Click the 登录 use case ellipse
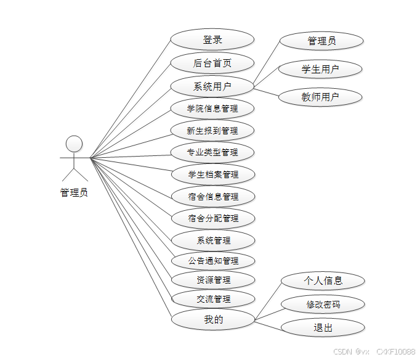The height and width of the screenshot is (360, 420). pos(212,40)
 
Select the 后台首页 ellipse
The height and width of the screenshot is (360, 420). pos(212,63)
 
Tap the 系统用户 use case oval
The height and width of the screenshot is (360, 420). pos(212,86)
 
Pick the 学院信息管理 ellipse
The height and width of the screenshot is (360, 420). pos(212,109)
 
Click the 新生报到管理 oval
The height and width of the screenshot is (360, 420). pos(212,131)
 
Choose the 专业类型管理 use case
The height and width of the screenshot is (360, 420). pos(212,152)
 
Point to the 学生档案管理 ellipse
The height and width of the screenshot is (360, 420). pos(212,174)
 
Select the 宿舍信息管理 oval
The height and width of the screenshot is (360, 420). pos(212,197)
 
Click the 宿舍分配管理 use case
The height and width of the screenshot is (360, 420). pos(212,218)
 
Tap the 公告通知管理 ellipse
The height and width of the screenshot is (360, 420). pos(212,261)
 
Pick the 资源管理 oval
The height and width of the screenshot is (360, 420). pos(212,280)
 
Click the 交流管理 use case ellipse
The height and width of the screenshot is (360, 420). pos(212,300)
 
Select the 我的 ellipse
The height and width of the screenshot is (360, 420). pos(212,319)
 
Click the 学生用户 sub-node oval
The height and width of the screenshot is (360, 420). pos(320,69)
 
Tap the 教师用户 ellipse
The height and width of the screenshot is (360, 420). pos(320,97)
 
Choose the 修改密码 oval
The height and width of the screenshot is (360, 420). pos(323,304)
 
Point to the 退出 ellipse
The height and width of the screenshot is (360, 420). pos(323,327)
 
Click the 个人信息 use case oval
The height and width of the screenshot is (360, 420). pos(323,281)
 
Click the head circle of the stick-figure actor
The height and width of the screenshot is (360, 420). pos(74,144)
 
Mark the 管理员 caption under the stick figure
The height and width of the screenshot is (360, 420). pos(74,193)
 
